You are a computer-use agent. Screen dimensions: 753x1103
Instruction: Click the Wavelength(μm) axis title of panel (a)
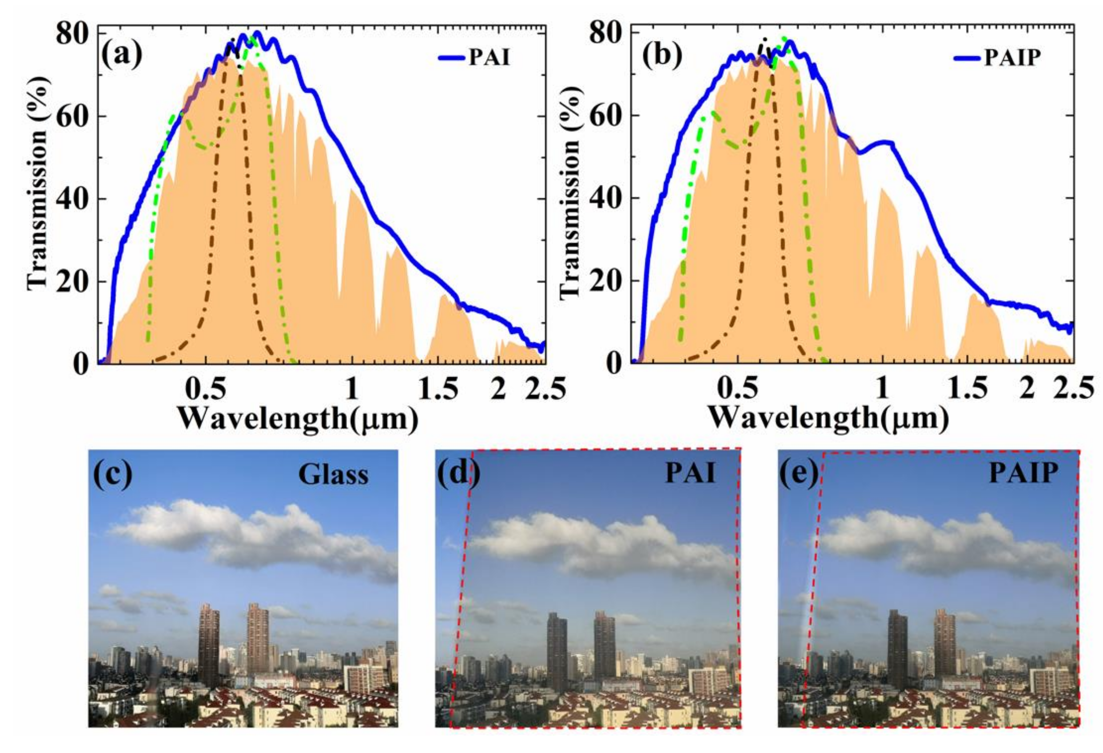[x=299, y=418]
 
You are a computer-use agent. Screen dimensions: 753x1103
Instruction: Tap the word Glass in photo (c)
[x=334, y=474]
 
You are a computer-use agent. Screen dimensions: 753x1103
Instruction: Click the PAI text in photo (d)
[x=690, y=473]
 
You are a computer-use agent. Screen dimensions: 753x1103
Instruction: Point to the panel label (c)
[x=113, y=474]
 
